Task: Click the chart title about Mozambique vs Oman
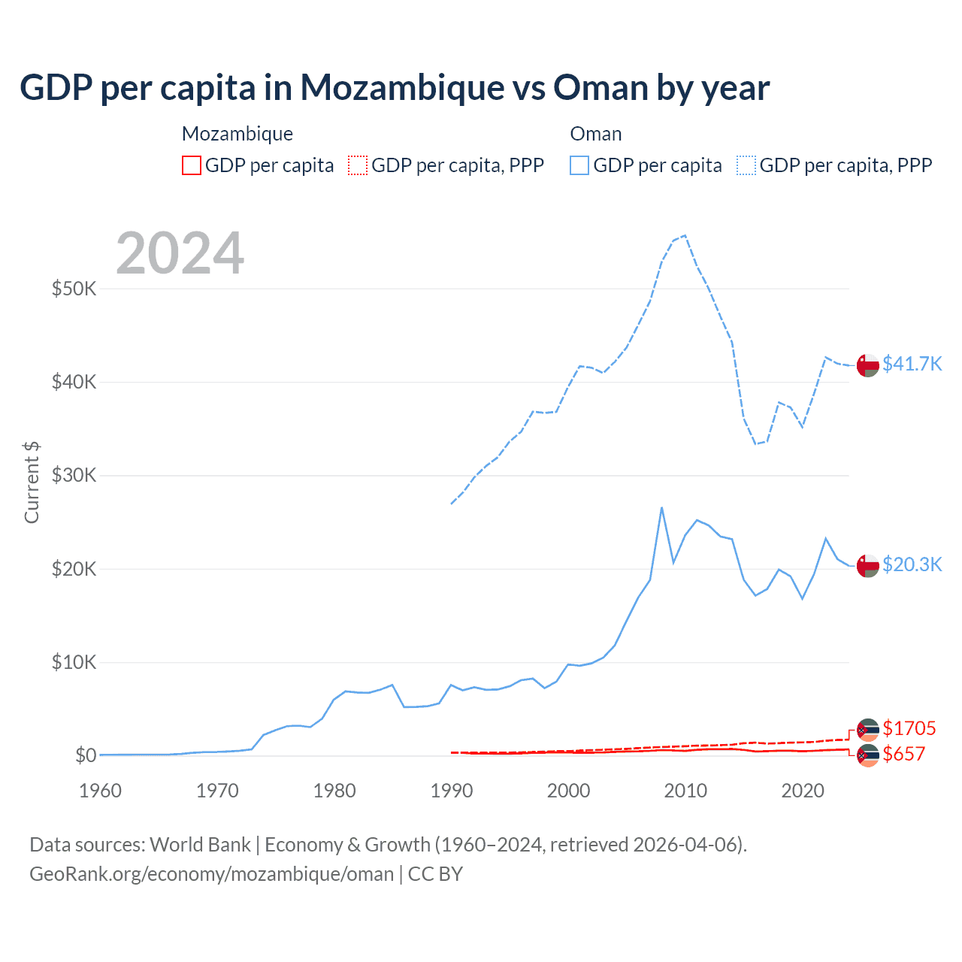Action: pyautogui.click(x=395, y=88)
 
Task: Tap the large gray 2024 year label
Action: pyautogui.click(x=180, y=253)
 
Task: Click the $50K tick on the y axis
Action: pyautogui.click(x=74, y=289)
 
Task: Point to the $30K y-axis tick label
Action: pyautogui.click(x=74, y=475)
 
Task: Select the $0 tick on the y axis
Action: pyautogui.click(x=86, y=755)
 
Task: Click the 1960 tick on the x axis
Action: pyautogui.click(x=100, y=791)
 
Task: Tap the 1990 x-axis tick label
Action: pyautogui.click(x=452, y=791)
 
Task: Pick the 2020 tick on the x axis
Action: pyautogui.click(x=803, y=791)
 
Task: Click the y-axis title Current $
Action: pyautogui.click(x=32, y=483)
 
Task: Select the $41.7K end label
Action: pyautogui.click(x=912, y=364)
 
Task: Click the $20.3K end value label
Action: pyautogui.click(x=912, y=564)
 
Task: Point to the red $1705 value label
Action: pyautogui.click(x=909, y=728)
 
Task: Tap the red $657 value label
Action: pyautogui.click(x=903, y=754)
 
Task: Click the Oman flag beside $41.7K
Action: pyautogui.click(x=868, y=365)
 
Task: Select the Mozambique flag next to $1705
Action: pyautogui.click(x=868, y=730)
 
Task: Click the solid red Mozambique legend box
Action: pyautogui.click(x=192, y=165)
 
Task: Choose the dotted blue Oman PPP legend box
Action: pyautogui.click(x=746, y=165)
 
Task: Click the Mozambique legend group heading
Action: pyautogui.click(x=237, y=134)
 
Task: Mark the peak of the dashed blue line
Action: pyautogui.click(x=685, y=235)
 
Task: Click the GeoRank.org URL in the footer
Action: pyautogui.click(x=212, y=874)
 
